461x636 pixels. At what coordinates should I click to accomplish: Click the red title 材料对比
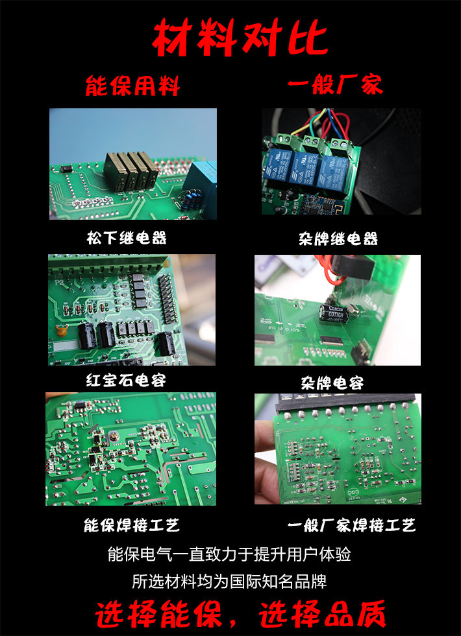tap(240, 38)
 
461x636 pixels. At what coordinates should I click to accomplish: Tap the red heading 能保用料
tap(132, 85)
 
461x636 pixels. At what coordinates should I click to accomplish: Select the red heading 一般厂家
tap(336, 84)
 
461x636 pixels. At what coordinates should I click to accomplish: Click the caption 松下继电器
tap(127, 238)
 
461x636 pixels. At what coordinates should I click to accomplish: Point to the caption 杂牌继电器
tap(338, 239)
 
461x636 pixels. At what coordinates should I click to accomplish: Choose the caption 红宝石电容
tap(126, 380)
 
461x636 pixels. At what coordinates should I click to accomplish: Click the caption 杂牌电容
tap(332, 383)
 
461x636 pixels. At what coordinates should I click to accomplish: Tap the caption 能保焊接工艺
tap(131, 525)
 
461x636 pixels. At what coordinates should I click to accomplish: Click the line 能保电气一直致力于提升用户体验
tap(229, 554)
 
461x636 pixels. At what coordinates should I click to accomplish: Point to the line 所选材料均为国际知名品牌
tap(229, 582)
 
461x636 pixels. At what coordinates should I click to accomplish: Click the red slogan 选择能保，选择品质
tap(240, 614)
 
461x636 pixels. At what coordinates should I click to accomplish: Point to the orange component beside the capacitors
tap(61, 331)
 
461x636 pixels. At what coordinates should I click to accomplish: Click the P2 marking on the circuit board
tap(59, 281)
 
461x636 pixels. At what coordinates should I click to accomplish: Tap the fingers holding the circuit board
tap(266, 463)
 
